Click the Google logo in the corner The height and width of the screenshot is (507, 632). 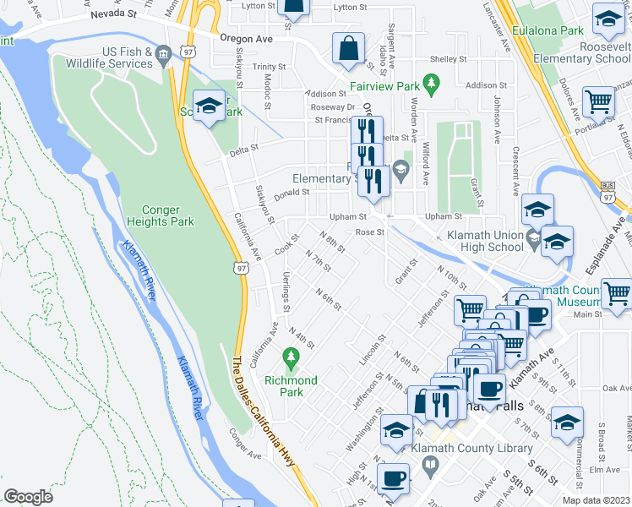click(x=28, y=497)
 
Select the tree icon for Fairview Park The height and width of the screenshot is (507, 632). click(x=433, y=82)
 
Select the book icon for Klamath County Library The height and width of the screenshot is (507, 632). click(x=431, y=465)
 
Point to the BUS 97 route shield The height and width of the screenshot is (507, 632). click(x=607, y=194)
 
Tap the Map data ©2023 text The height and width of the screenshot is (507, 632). click(x=596, y=500)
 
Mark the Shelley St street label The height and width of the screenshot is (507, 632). click(x=448, y=59)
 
